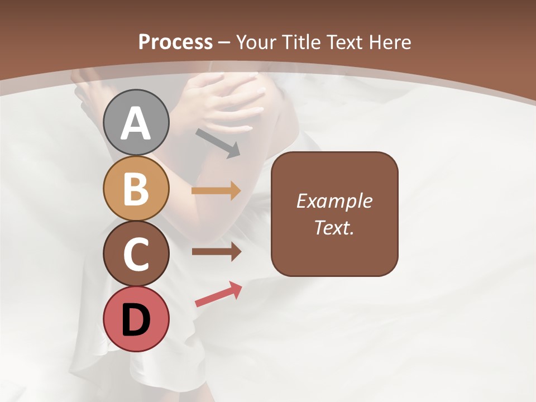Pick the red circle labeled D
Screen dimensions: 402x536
coord(136,319)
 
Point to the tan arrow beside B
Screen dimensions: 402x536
coord(216,191)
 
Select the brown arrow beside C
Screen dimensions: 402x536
coord(216,252)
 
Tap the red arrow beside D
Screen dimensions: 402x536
coord(218,294)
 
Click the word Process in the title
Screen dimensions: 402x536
coord(175,42)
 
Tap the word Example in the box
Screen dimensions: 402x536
coord(334,201)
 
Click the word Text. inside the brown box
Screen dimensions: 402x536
coord(334,227)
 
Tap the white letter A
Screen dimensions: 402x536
coord(136,122)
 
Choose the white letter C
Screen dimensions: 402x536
coord(136,254)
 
